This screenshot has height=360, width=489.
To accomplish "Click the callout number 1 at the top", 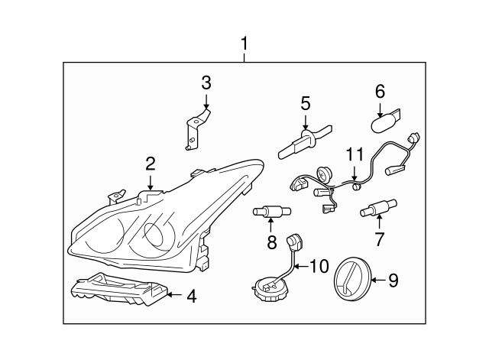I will point(244,44).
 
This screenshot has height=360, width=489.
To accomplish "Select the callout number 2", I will point(151,162).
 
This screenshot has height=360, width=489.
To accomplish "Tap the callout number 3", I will point(206,83).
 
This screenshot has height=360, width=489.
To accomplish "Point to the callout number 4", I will point(191,295).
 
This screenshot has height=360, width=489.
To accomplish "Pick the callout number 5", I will point(305,102).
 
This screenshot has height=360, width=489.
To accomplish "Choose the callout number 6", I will point(380,91).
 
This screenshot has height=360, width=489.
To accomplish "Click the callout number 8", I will point(270,243).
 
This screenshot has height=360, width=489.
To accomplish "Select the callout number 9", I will point(393,281).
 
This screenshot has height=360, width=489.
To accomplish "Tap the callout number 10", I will point(319,267).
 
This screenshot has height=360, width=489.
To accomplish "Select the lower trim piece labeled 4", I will point(118,290).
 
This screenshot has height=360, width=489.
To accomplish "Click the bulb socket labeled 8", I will point(270,212).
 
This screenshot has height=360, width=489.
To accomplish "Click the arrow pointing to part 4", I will point(174,294).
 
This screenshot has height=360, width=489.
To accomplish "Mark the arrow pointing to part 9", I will point(377,281).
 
